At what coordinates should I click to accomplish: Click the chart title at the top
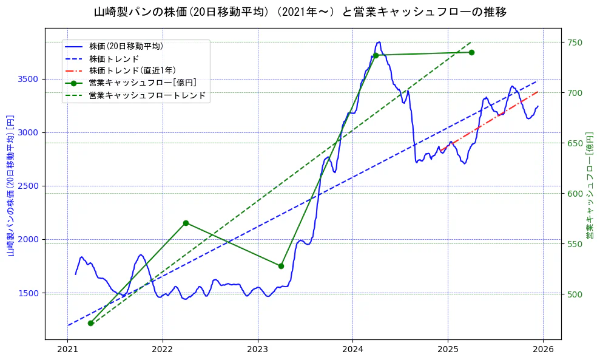(300, 12)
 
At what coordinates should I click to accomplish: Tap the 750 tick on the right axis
(575, 42)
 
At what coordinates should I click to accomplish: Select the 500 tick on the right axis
(575, 294)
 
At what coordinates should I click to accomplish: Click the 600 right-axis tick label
(575, 194)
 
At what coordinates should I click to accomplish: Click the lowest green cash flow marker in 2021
(90, 323)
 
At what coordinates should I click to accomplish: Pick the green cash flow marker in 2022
(186, 223)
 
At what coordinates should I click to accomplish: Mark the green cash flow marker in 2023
(281, 266)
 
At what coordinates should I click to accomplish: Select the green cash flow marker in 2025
(471, 52)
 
